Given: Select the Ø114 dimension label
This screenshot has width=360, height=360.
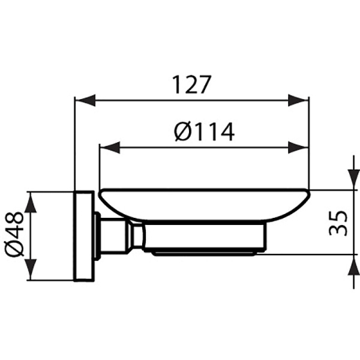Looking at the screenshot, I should [x=204, y=131].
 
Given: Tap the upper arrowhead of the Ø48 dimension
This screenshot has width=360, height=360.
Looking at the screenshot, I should [x=32, y=202].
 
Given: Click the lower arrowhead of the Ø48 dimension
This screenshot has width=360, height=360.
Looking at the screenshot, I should [x=32, y=270].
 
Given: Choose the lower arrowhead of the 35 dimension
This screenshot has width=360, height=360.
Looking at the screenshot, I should [x=350, y=265].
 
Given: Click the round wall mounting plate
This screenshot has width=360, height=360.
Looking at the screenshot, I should [x=83, y=236].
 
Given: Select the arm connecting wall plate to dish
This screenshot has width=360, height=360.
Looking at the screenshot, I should [x=117, y=235].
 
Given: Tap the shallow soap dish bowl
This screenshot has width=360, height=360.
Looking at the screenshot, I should [x=204, y=204].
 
